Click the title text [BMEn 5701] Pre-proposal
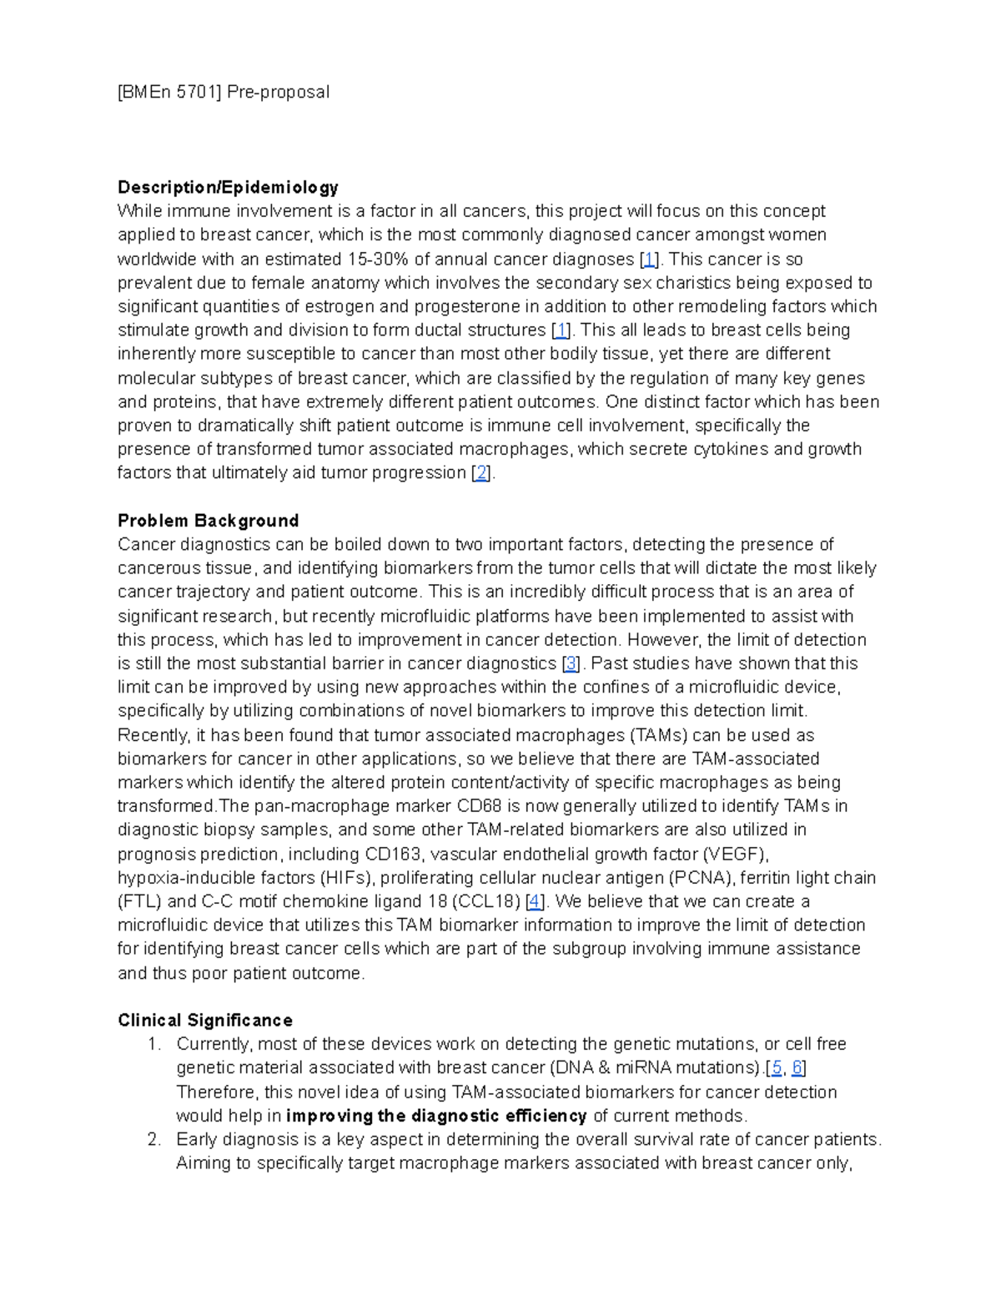[x=224, y=92]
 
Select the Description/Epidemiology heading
[x=228, y=187]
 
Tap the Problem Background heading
[x=208, y=521]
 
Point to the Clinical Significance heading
[x=204, y=1020]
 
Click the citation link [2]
[x=481, y=473]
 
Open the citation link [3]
[x=571, y=664]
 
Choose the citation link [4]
[x=535, y=902]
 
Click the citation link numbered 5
[x=777, y=1068]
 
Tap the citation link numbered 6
[x=797, y=1068]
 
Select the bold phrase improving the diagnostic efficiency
[x=436, y=1116]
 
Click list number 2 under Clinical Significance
[x=153, y=1140]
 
